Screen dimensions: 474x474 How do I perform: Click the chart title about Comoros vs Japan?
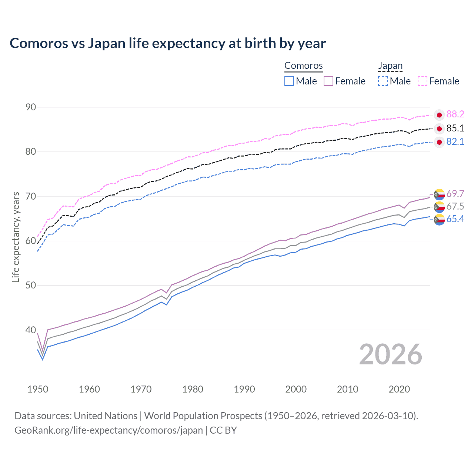tap(167, 43)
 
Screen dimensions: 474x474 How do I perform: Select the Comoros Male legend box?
tap(289, 81)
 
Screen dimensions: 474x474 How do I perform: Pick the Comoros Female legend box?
tap(328, 81)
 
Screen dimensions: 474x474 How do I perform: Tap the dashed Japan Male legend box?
tap(383, 81)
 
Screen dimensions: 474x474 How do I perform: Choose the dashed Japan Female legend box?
tap(423, 81)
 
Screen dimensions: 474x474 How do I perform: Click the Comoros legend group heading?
tap(304, 66)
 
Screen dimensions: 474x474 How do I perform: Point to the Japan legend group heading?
tap(390, 66)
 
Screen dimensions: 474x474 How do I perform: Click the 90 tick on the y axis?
tap(31, 107)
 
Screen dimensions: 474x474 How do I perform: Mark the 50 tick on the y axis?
tap(31, 286)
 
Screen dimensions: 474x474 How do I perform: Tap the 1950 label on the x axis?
tap(38, 389)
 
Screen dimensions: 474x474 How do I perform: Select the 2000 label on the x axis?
tap(296, 389)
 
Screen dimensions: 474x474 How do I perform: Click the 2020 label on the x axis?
tap(399, 389)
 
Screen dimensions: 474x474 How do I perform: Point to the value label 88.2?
tap(455, 114)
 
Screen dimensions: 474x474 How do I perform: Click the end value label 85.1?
tap(455, 128)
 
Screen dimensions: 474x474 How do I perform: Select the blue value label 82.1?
tap(455, 142)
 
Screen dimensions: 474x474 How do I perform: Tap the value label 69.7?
tap(455, 194)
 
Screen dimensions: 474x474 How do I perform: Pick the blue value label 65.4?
tap(455, 219)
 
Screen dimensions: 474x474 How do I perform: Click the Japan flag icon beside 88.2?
tap(439, 115)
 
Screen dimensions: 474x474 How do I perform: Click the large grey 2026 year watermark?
tap(390, 354)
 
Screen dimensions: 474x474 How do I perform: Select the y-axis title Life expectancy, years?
tap(16, 237)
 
